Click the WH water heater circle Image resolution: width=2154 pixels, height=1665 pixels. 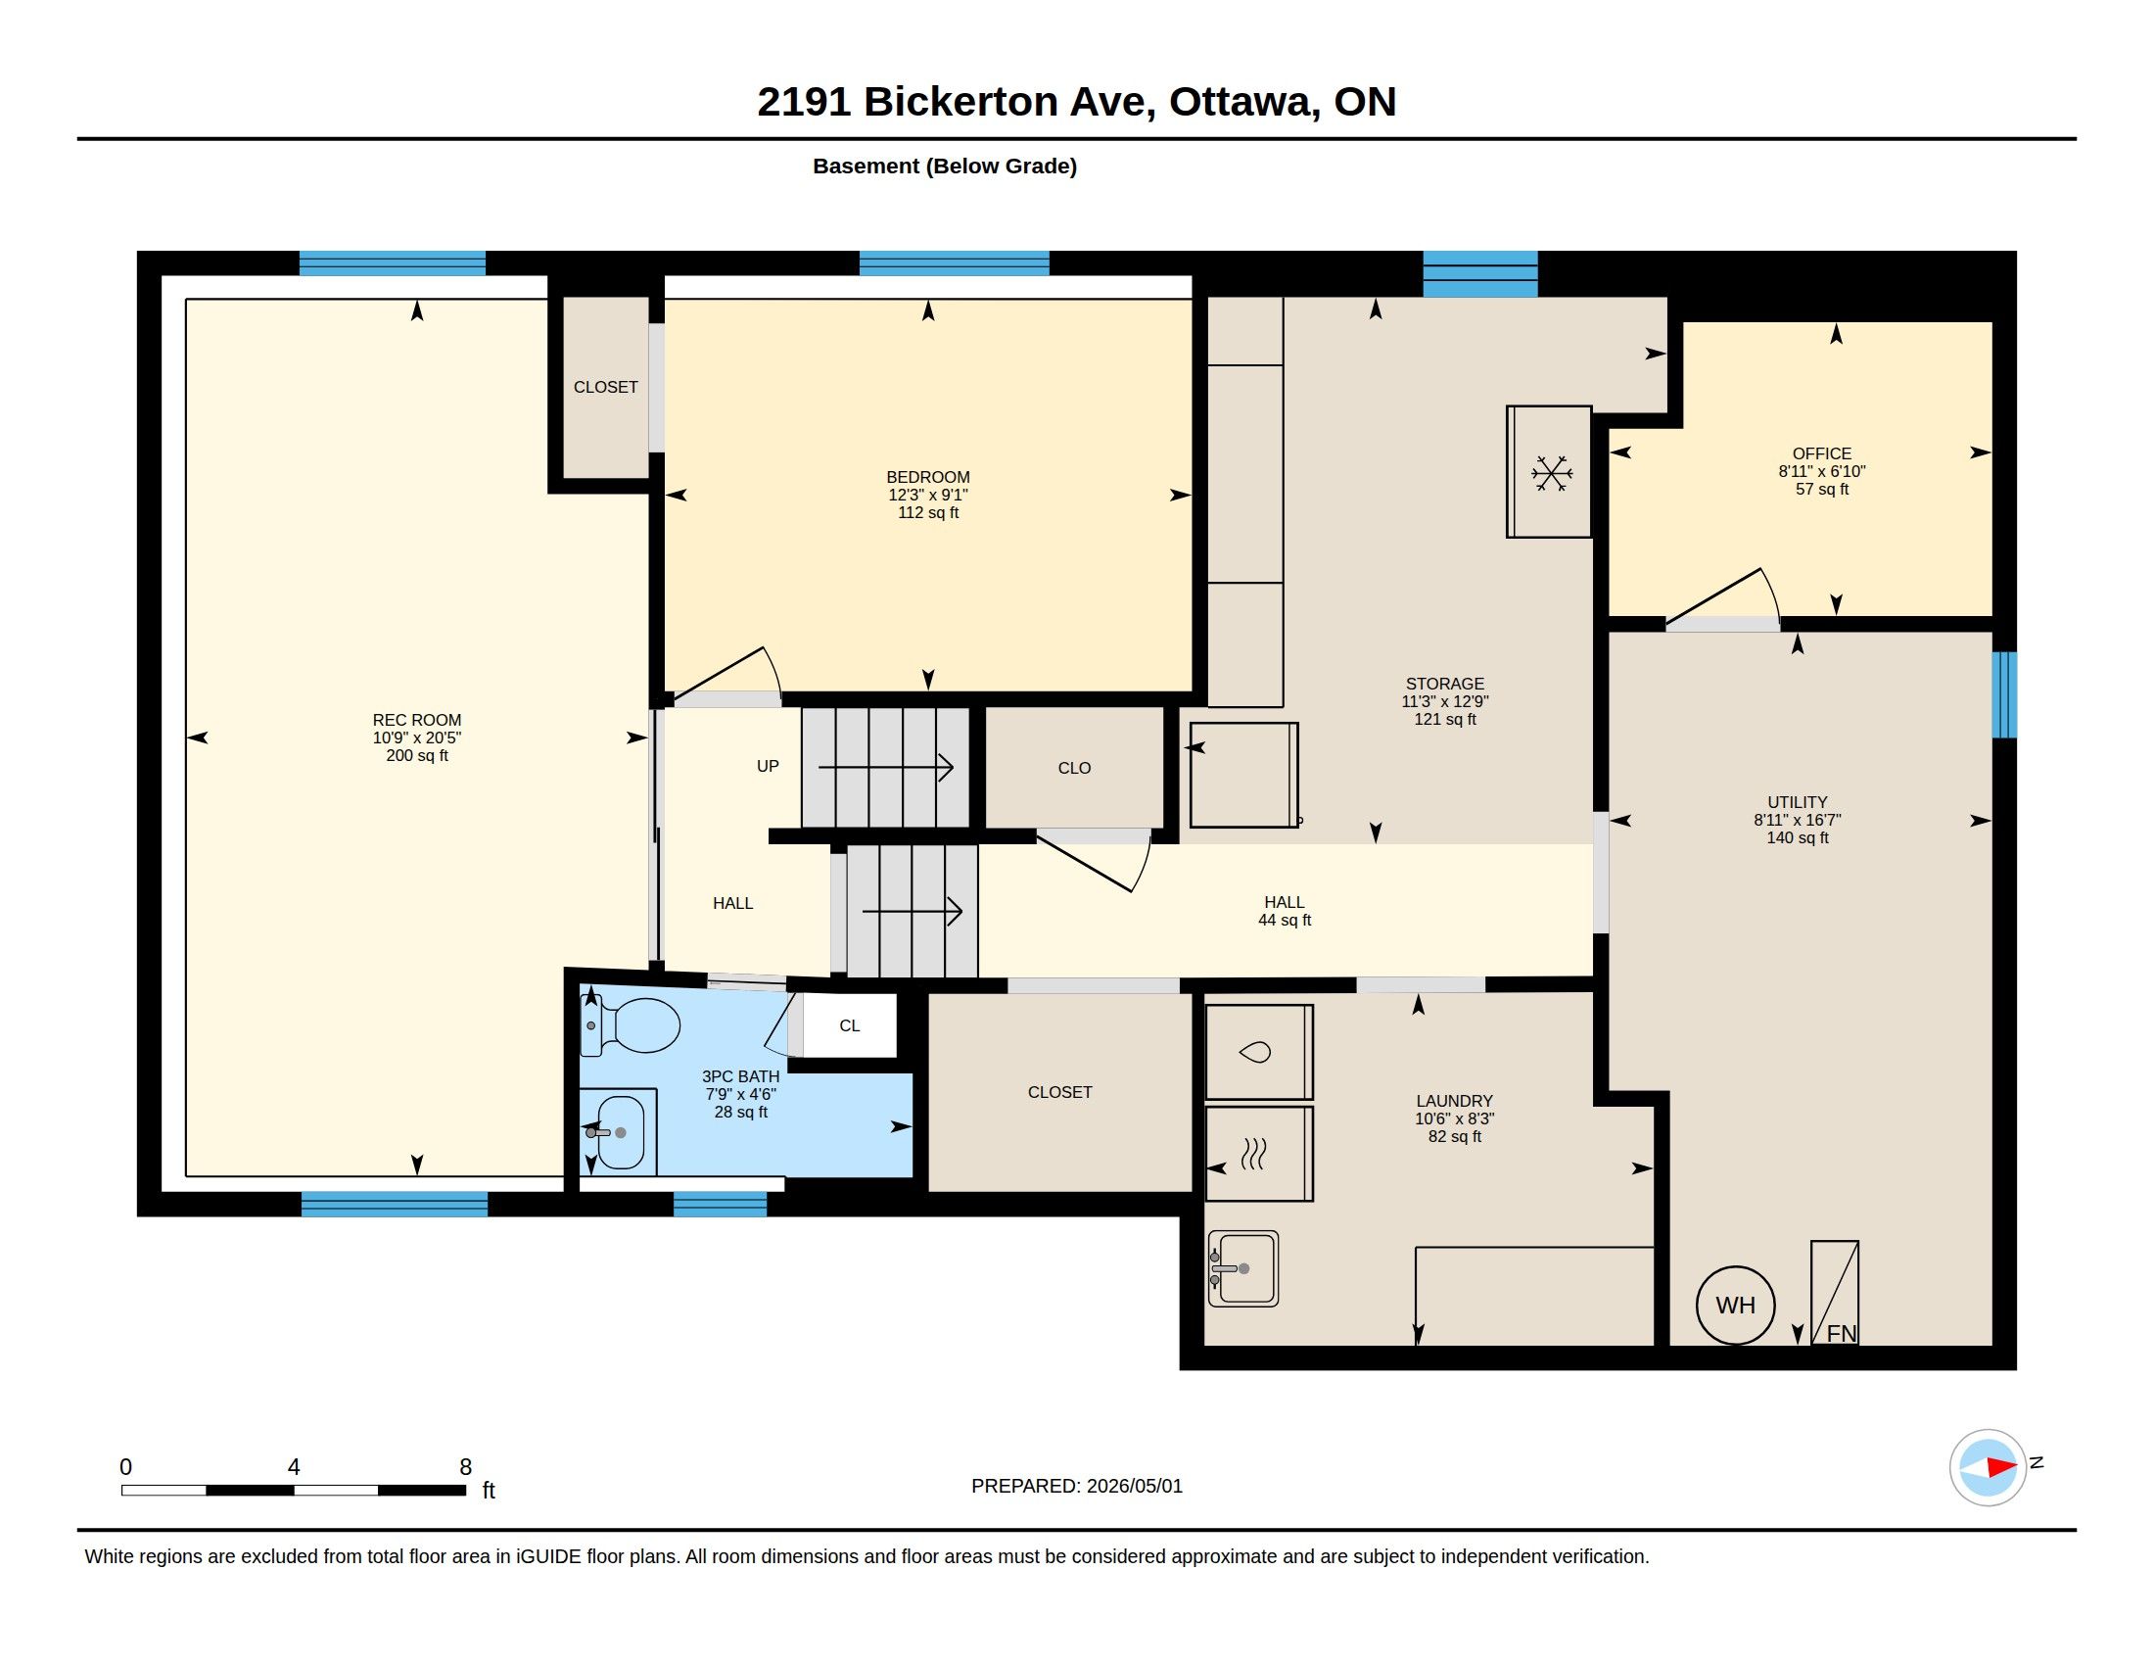(1735, 1305)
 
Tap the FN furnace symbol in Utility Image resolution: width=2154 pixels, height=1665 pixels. (1835, 1292)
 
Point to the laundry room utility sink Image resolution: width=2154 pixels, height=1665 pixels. (1242, 1268)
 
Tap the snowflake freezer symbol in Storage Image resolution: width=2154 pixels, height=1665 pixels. (1551, 473)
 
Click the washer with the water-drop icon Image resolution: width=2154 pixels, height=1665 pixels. (1258, 1052)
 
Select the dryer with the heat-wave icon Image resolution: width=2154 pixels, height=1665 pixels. (1258, 1154)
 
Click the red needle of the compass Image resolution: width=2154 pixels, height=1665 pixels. (2000, 1467)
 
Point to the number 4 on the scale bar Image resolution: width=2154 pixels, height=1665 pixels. (294, 1467)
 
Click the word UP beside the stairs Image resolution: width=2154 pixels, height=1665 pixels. (768, 767)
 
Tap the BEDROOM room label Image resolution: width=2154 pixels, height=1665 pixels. (928, 477)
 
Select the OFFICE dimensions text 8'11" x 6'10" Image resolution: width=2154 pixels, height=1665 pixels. (1822, 471)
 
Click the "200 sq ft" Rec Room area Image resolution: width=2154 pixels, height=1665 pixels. (417, 755)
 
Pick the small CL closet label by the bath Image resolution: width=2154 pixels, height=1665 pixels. (849, 1025)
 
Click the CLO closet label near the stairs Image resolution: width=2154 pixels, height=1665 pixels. (1074, 769)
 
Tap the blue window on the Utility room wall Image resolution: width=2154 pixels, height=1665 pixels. (2004, 694)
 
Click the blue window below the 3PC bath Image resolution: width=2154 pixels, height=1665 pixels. (720, 1205)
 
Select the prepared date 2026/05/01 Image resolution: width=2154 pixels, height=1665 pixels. (1134, 1487)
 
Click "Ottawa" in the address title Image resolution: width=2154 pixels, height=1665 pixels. (1243, 102)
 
